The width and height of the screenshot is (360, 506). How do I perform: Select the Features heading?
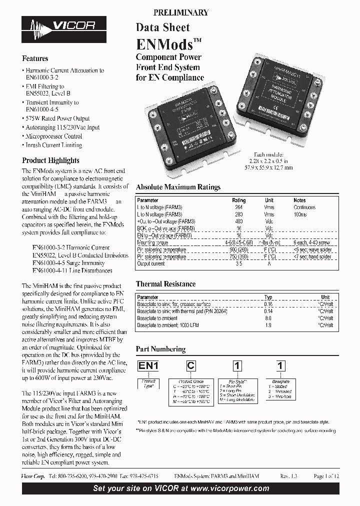pos(35,58)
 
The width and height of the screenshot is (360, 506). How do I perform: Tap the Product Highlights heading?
pos(50,160)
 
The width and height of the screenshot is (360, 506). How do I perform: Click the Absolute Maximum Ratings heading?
pos(178,187)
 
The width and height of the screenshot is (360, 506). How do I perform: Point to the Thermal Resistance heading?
pos(165,284)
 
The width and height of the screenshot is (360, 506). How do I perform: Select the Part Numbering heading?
pos(160,349)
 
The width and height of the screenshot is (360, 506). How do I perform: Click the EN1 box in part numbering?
pos(148,366)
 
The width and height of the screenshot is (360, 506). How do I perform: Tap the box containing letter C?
pos(191,366)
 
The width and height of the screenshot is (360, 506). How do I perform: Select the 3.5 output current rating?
pos(238,263)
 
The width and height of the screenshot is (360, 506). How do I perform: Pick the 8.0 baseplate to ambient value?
pos(268,318)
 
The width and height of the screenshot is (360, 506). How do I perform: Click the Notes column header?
pos(299,200)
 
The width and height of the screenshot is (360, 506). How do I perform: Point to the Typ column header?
pos(268,297)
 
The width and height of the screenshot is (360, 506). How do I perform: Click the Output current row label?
pos(150,263)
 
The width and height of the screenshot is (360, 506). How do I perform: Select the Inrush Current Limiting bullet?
pos(54,145)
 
